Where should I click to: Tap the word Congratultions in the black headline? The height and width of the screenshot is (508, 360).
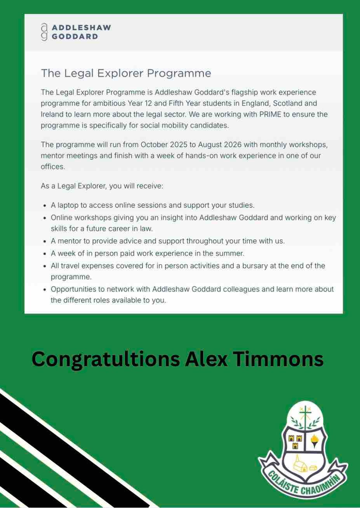[x=105, y=358]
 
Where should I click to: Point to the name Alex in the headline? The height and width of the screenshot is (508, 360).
[x=206, y=358]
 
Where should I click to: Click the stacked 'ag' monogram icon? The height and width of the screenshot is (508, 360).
[x=44, y=32]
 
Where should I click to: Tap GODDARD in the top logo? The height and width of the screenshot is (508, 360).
[x=75, y=37]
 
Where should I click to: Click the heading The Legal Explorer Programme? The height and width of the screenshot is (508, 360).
[x=126, y=73]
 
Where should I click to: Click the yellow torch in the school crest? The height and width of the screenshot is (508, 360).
[x=314, y=442]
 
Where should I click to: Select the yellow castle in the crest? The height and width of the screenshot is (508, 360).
[x=296, y=442]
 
